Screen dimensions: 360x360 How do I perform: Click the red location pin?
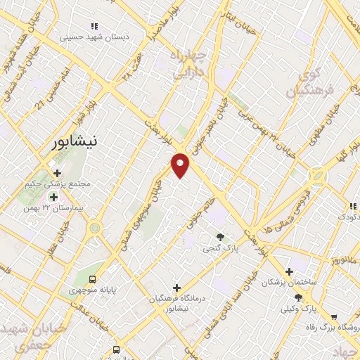coord(181,165)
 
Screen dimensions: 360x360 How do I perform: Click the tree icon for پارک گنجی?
coord(220,237)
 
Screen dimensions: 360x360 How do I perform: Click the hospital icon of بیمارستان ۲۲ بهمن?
coord(53,197)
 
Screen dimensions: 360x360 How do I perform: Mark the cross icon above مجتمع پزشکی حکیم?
coord(57,173)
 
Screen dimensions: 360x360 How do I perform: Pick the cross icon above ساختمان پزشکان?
coord(289,271)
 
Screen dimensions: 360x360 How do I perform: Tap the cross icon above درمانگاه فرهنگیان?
coord(176,288)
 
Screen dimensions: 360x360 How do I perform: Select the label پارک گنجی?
coord(217,248)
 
